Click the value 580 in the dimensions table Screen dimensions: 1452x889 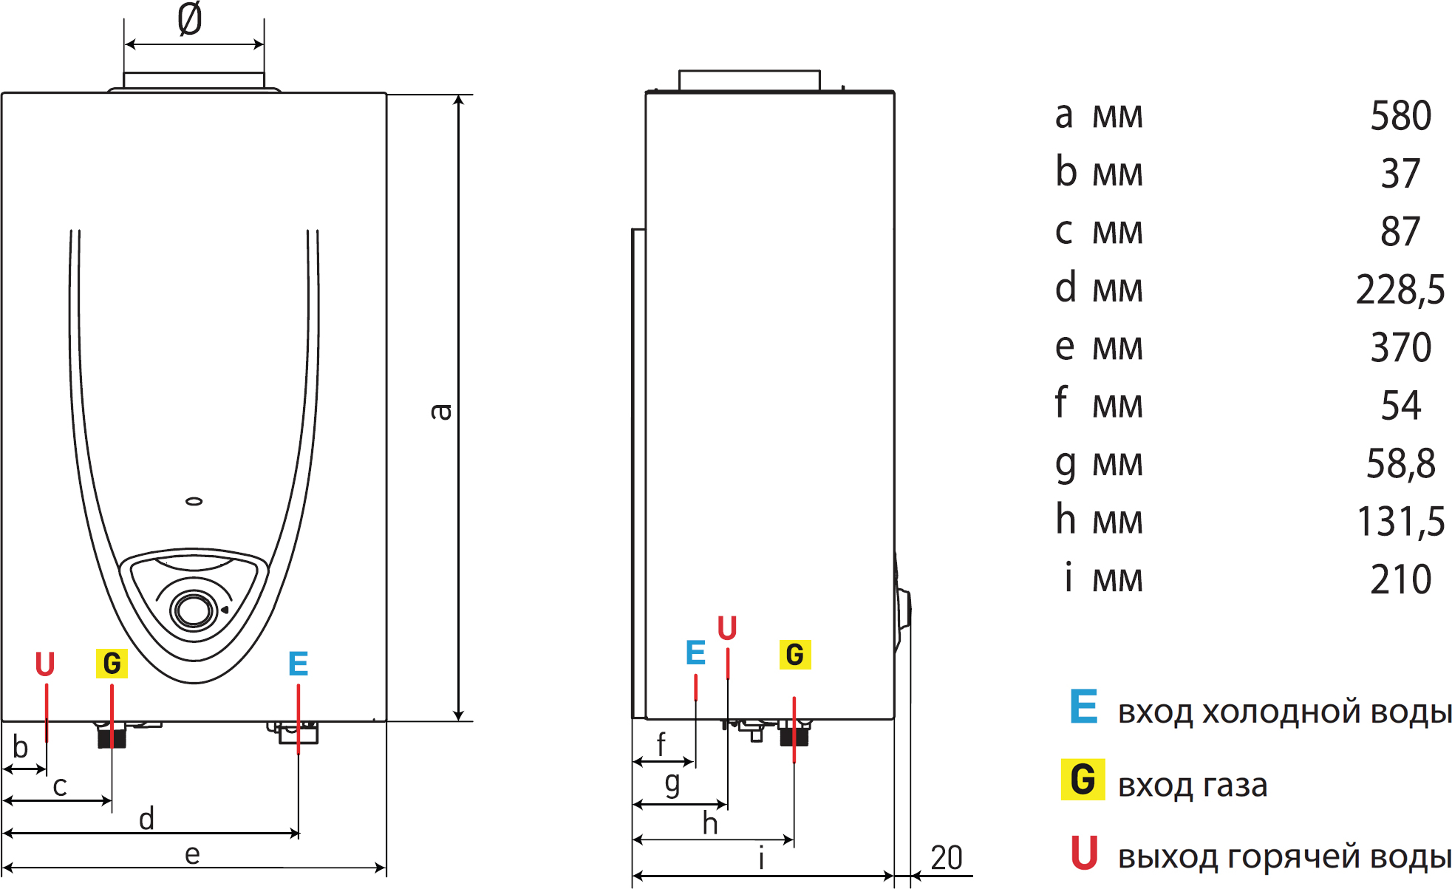pos(1400,116)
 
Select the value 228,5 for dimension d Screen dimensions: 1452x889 pos(1400,289)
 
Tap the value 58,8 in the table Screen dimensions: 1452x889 pos(1400,463)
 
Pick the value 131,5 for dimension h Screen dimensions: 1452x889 pos(1400,521)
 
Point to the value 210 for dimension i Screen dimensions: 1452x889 pos(1400,579)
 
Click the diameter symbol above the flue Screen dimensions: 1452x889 pos(190,19)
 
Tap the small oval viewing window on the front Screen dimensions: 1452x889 pos(194,502)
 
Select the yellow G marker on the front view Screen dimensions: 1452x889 pos(112,664)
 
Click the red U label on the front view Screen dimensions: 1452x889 pos(45,664)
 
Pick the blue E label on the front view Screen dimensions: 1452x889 pos(299,664)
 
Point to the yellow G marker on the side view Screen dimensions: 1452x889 pos(795,655)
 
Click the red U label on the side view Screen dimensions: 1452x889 pos(727,628)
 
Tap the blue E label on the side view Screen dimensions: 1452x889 pos(695,653)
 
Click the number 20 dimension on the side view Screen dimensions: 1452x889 pos(947,858)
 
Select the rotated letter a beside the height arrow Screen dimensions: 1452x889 pos(440,412)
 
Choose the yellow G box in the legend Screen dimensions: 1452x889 pos(1083,780)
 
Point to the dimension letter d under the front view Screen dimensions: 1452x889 pos(146,820)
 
